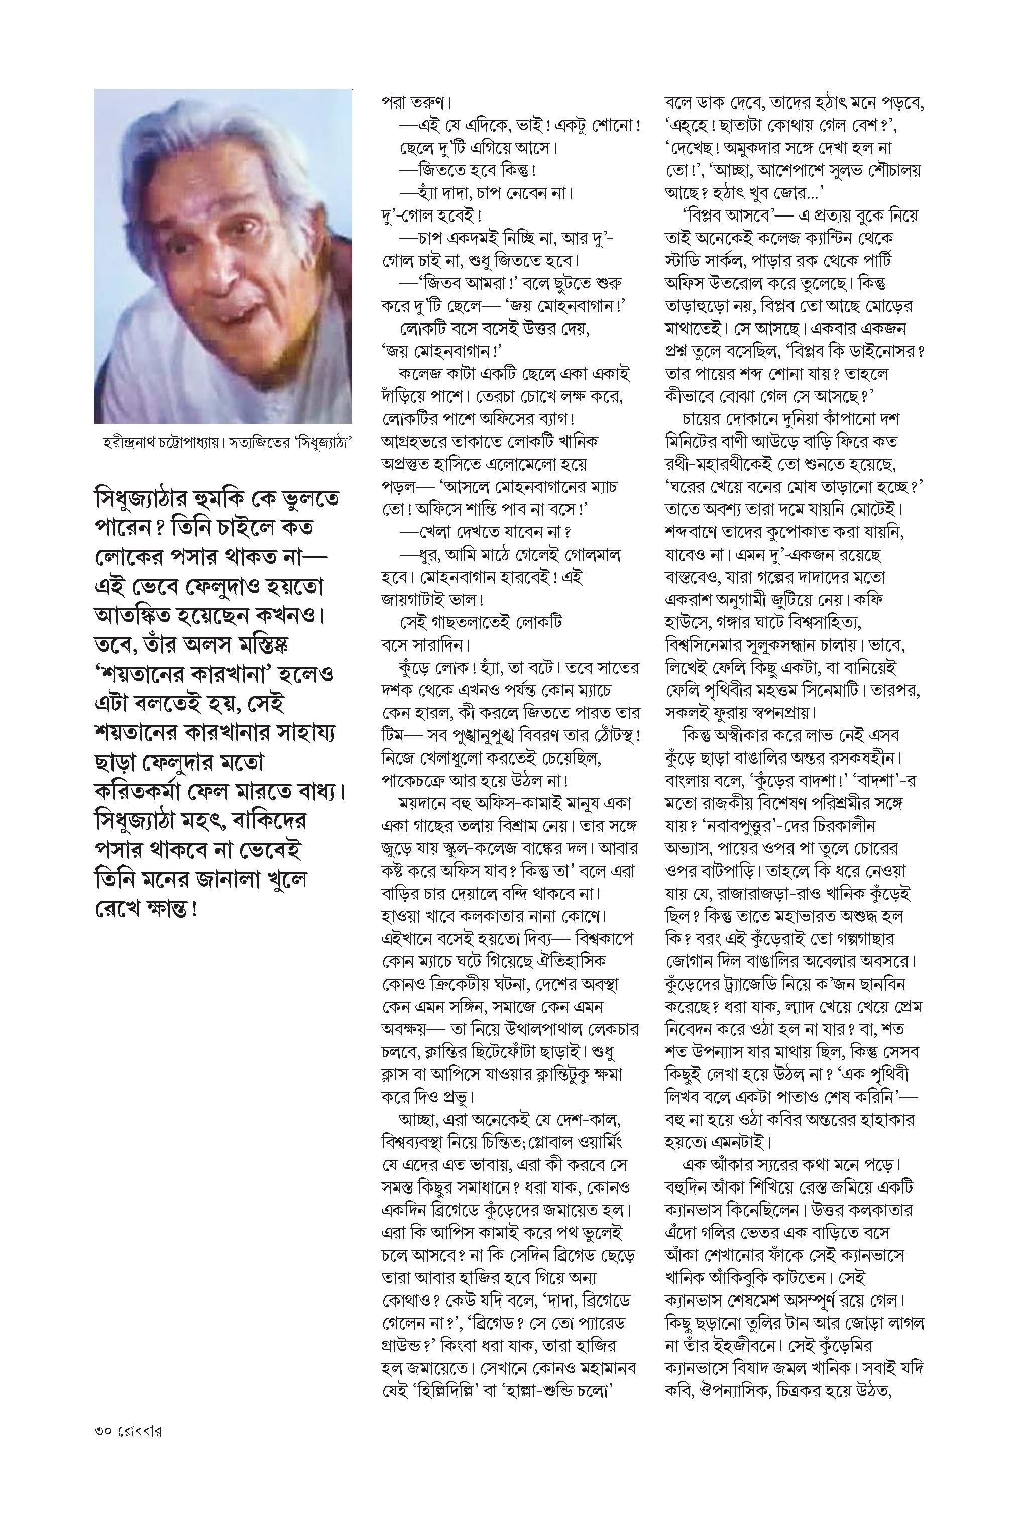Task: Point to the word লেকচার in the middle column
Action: point(612,1030)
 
